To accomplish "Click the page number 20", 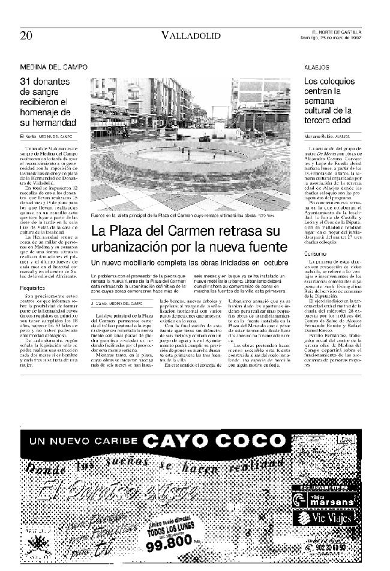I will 26,35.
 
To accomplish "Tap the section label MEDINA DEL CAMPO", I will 53,67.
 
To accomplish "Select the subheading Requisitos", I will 32,287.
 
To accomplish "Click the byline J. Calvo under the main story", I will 100,304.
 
